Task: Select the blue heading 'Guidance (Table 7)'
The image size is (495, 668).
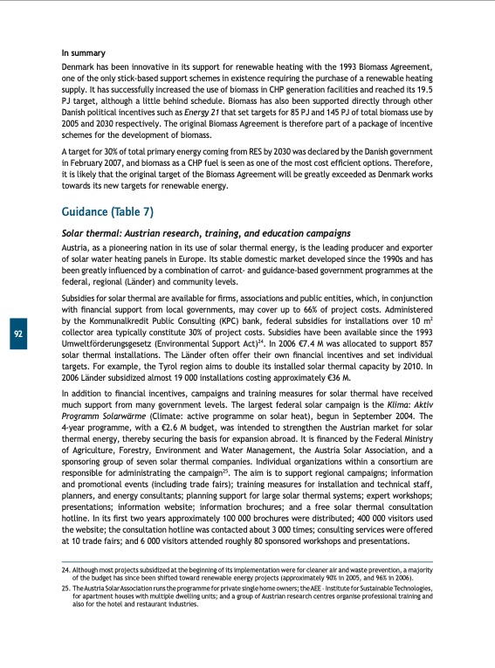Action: (x=107, y=211)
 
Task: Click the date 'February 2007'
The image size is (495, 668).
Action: (x=102, y=162)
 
